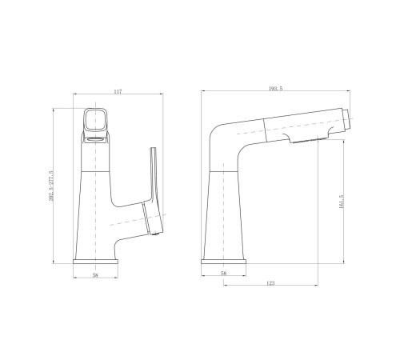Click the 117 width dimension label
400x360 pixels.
tap(118, 92)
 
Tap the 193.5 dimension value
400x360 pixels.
tap(275, 89)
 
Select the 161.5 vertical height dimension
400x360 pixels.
tap(342, 202)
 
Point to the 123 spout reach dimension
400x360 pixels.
tap(270, 283)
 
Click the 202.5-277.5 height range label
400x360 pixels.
tap(52, 186)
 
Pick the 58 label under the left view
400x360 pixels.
tap(95, 275)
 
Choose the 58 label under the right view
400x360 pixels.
tap(223, 273)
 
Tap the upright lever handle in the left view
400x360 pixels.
tap(154, 174)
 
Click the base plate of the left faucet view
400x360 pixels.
tap(95, 262)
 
